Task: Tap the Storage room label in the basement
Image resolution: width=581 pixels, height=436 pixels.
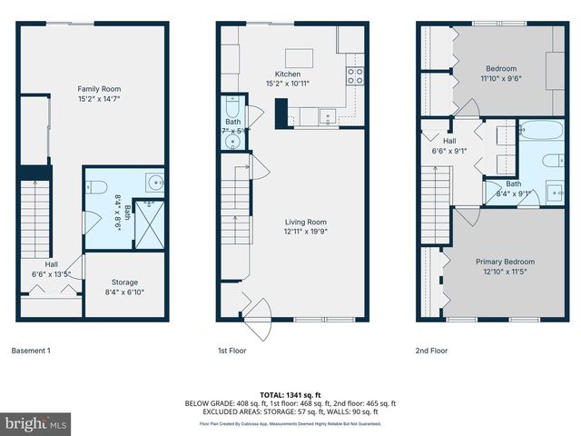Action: click(x=124, y=282)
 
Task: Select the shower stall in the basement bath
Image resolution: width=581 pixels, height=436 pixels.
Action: click(x=150, y=223)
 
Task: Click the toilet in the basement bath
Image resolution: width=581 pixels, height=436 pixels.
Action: click(x=99, y=187)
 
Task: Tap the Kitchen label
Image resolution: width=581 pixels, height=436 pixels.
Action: click(x=288, y=74)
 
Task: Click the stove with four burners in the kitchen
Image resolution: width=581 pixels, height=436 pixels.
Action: click(x=355, y=75)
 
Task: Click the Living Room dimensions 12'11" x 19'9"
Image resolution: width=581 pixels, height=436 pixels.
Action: click(x=304, y=231)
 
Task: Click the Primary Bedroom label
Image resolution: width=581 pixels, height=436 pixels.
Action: click(x=501, y=262)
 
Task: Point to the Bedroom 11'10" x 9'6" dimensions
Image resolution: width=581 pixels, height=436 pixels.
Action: click(x=500, y=78)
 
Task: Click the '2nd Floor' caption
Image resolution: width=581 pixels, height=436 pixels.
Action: click(x=432, y=350)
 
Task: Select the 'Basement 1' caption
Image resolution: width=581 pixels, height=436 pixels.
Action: click(x=32, y=350)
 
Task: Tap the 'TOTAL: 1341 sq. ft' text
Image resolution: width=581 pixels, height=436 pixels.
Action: click(x=290, y=395)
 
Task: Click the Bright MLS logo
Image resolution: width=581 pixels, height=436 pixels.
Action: click(x=36, y=423)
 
